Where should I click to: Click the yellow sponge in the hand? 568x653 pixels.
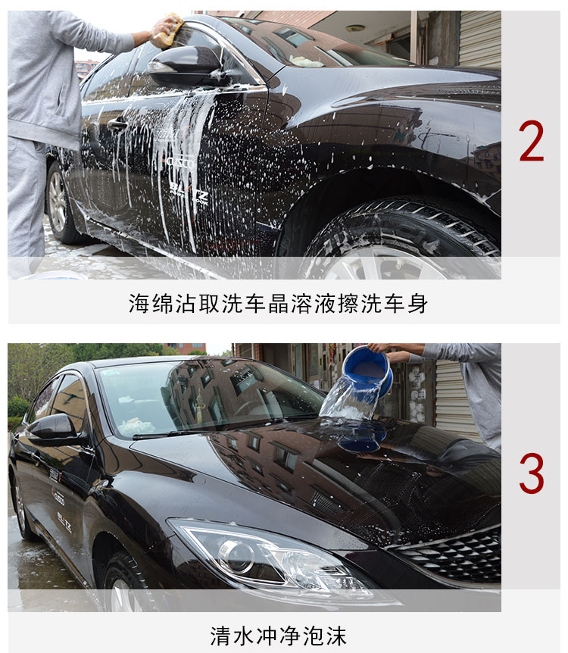coord(168,31)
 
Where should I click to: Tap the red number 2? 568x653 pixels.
coord(532,141)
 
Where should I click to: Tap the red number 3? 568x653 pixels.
coord(532,473)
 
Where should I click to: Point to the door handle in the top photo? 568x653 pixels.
coord(117,123)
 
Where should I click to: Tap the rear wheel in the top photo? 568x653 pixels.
coord(61,203)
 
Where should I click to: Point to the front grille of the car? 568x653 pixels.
coord(452,556)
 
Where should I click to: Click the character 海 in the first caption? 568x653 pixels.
coord(139,303)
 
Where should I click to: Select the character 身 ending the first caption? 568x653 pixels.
coord(417,303)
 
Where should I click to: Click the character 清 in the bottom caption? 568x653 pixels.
coord(220,636)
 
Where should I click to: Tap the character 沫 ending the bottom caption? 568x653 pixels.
coord(336,636)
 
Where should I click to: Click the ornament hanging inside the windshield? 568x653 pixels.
coord(200,401)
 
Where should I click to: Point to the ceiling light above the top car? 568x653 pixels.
coord(354,28)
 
